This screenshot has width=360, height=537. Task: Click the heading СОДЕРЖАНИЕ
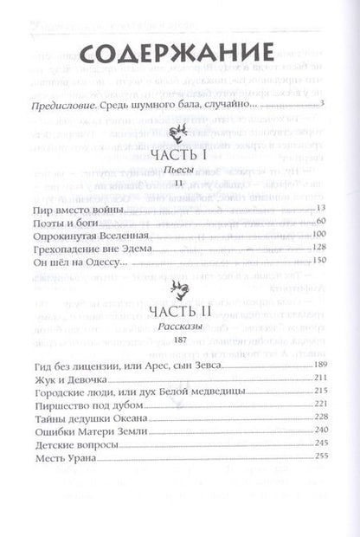[179, 55]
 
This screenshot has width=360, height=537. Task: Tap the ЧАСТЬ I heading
[180, 157]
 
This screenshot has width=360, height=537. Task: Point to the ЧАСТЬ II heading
[180, 309]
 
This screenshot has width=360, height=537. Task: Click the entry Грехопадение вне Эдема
[90, 249]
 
